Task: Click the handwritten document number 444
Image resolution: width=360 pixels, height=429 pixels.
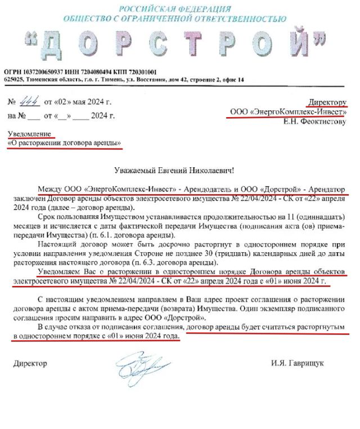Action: pyautogui.click(x=27, y=102)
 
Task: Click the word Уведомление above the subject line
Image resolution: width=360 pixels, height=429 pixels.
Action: pyautogui.click(x=31, y=133)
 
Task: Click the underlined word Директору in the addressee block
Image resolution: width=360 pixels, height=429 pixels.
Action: pyautogui.click(x=326, y=102)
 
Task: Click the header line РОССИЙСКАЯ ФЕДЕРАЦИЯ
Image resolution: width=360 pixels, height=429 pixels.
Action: pyautogui.click(x=179, y=8)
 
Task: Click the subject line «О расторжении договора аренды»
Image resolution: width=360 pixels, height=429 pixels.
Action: pyautogui.click(x=64, y=144)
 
